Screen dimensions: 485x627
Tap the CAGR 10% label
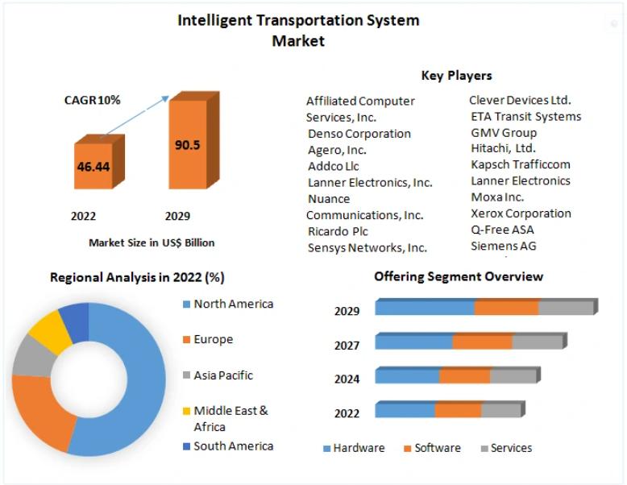click(x=92, y=100)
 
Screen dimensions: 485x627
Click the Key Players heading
click(x=456, y=76)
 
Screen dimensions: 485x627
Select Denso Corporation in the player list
click(x=359, y=134)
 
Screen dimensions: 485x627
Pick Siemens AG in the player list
click(x=504, y=246)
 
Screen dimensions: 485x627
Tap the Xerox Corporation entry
click(x=521, y=213)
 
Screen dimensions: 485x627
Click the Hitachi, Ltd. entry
click(x=503, y=148)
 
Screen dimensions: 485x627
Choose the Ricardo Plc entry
click(x=338, y=231)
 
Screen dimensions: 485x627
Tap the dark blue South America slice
click(x=75, y=317)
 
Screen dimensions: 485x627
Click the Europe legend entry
click(x=213, y=339)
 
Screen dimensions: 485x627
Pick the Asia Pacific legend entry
click(x=223, y=375)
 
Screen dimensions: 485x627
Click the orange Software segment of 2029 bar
click(x=506, y=307)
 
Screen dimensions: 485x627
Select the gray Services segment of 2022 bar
click(x=500, y=409)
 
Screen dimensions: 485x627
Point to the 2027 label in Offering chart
click(x=347, y=346)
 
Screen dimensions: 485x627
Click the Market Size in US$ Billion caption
click(x=152, y=242)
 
